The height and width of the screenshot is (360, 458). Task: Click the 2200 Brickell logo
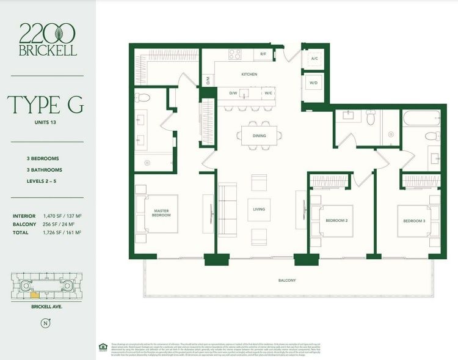pyautogui.click(x=48, y=39)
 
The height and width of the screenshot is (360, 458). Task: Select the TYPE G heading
pyautogui.click(x=46, y=105)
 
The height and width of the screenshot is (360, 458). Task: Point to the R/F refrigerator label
pyautogui.click(x=263, y=54)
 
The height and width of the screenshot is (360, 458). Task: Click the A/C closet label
pyautogui.click(x=314, y=59)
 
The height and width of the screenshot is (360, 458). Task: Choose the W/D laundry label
pyautogui.click(x=314, y=83)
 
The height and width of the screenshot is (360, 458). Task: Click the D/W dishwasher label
pyautogui.click(x=233, y=94)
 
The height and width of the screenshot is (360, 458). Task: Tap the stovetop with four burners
pyautogui.click(x=235, y=54)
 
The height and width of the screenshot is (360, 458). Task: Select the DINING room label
pyautogui.click(x=259, y=136)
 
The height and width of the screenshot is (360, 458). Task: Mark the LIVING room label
pyautogui.click(x=259, y=210)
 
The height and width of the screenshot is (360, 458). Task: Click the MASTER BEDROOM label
pyautogui.click(x=161, y=213)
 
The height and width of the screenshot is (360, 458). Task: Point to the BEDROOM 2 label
pyautogui.click(x=336, y=220)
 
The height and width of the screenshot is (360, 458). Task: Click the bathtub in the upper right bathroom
pyautogui.click(x=421, y=117)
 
